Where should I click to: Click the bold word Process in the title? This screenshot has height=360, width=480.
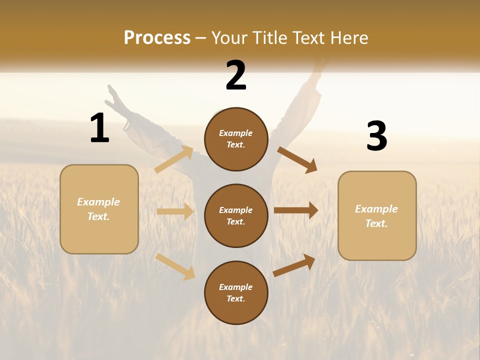pos(157,38)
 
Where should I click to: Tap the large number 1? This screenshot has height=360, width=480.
pos(99,128)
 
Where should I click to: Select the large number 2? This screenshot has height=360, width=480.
pos(236,75)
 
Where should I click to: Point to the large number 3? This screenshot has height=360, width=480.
pos(376,136)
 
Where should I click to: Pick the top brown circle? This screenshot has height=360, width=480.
pos(236,139)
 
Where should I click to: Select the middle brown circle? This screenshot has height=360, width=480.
pos(236,216)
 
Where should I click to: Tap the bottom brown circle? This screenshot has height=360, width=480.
pos(236,293)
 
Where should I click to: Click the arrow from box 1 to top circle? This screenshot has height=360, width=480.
pos(173,159)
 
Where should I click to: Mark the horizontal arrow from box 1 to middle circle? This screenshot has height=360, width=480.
pos(175,211)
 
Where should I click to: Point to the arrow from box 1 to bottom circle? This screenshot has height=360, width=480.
pos(175,266)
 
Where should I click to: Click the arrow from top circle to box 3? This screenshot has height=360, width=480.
pos(297,159)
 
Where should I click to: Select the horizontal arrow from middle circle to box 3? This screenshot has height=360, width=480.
pos(296,210)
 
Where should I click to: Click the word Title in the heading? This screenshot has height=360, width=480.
pos(271,38)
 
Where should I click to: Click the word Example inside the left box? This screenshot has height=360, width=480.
pos(98,202)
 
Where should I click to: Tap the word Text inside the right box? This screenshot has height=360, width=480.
pos(375,223)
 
